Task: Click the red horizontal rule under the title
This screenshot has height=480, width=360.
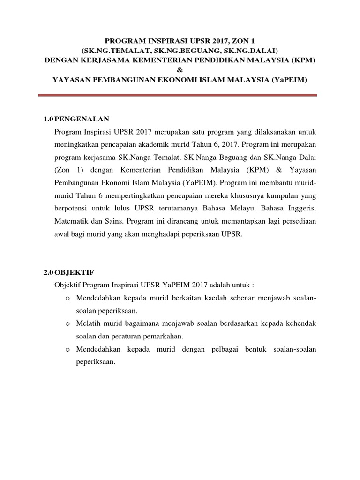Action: pyautogui.click(x=180, y=96)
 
